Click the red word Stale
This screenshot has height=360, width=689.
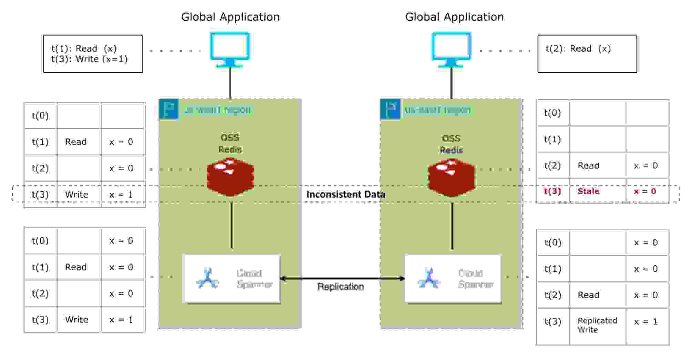pos(588,191)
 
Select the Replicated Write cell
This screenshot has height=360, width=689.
pos(597,325)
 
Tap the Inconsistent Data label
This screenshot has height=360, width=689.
pos(345,194)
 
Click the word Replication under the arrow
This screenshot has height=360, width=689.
pos(341,287)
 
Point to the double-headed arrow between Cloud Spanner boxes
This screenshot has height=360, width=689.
pos(342,278)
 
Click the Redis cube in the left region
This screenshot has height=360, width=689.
pos(230,177)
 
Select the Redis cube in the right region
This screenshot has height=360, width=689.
pos(451,178)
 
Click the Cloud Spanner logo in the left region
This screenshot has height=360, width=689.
pos(207,278)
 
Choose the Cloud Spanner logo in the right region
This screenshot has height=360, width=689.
pos(429,278)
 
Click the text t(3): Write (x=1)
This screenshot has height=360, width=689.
pos(90,59)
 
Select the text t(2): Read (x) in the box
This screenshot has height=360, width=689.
pos(578,49)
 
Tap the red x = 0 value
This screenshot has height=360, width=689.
pos(645,191)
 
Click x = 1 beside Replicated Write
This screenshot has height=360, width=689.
pos(646,321)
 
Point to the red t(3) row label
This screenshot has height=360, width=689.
pos(552,191)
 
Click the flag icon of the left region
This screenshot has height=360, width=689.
pos(169,110)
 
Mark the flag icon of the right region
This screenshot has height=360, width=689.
pos(390,110)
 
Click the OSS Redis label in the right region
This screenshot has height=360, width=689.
pos(451,144)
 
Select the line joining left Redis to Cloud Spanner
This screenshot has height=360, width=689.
pos(232,226)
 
